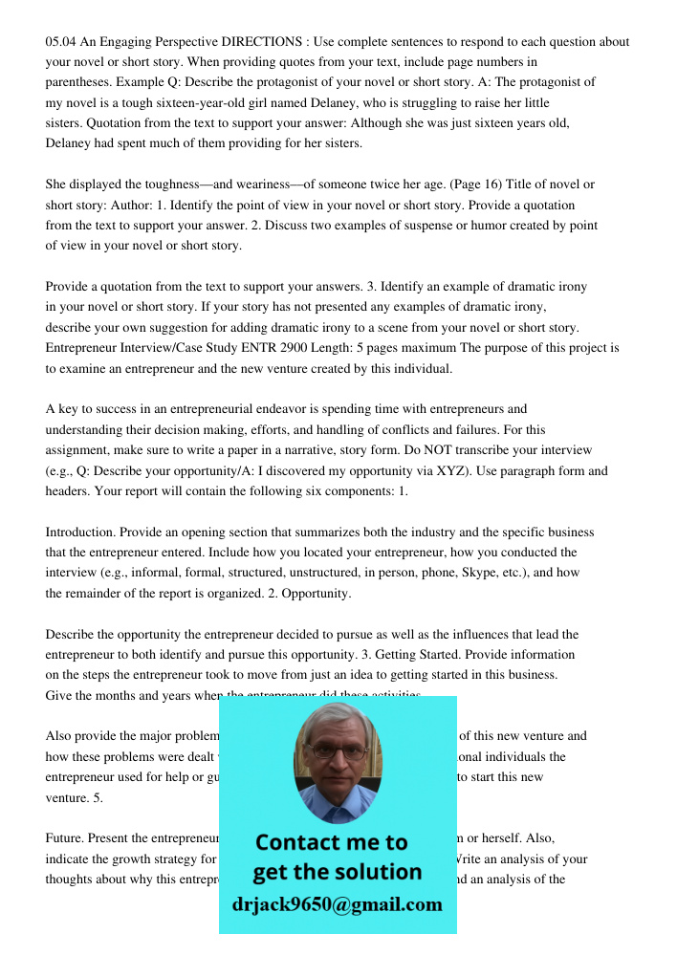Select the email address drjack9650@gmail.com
[338, 904]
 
